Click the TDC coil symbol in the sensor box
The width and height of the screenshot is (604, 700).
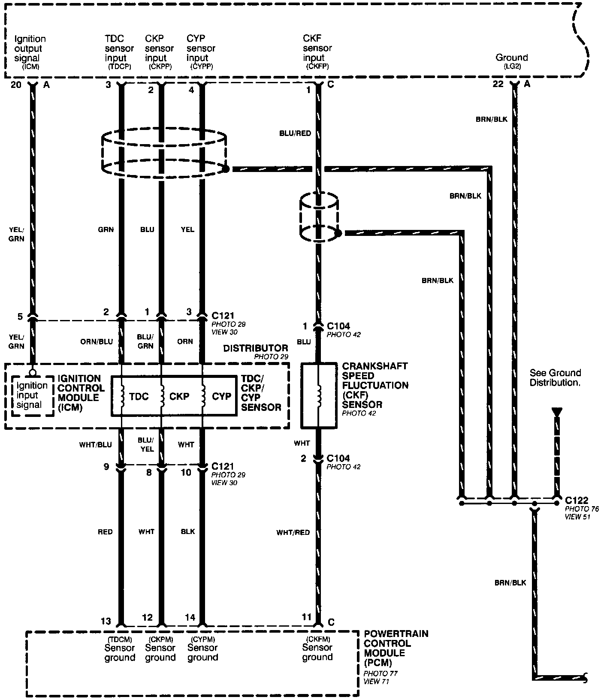click(122, 395)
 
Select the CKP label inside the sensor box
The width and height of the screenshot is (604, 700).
click(179, 396)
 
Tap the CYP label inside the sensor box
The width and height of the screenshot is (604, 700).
click(221, 396)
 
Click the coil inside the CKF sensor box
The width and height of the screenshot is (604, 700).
click(318, 395)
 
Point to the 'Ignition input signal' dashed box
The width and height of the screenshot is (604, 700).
click(30, 395)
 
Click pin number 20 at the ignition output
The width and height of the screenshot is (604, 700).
click(15, 84)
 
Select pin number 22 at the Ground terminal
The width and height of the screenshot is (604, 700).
click(498, 84)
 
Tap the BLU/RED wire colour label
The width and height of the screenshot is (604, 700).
click(295, 133)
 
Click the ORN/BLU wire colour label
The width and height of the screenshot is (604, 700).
click(97, 341)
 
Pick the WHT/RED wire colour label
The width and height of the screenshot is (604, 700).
click(293, 532)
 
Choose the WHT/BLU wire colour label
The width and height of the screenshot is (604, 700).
click(95, 444)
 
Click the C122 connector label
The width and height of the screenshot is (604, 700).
click(577, 500)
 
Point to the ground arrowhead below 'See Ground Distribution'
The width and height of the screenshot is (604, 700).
click(556, 412)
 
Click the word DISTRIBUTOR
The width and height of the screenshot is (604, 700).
click(256, 348)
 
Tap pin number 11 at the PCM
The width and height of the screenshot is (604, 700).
click(306, 617)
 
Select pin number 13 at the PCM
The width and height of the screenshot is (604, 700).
click(106, 621)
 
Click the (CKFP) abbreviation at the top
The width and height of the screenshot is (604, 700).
click(317, 66)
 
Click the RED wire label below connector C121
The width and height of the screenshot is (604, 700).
click(105, 532)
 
